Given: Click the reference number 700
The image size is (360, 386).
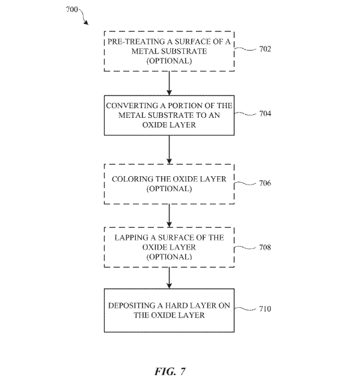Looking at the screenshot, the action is [72, 10].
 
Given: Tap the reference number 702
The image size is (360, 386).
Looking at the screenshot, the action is [265, 49].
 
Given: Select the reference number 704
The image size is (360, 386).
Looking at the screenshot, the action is [265, 114].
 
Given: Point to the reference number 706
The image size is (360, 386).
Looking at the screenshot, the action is [265, 183].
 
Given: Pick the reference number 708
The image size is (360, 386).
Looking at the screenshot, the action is [265, 247].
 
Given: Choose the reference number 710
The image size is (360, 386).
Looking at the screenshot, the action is [265, 308].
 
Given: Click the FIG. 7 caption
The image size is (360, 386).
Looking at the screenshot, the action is [170, 371].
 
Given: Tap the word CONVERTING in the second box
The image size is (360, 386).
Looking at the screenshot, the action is [132, 106].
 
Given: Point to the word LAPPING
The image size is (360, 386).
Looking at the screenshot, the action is [131, 237].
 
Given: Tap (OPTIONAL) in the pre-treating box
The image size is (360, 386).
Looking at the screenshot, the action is [169, 61].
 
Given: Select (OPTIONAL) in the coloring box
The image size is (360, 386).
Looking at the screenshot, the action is [169, 189].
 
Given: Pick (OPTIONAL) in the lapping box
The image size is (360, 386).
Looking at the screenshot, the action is [169, 257].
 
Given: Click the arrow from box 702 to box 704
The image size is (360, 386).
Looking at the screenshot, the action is [169, 83].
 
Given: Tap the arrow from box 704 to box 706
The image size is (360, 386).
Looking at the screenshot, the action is [169, 150].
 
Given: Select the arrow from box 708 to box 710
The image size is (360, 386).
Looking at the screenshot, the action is [169, 278].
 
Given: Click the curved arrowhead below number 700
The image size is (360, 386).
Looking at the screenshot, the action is [86, 23].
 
